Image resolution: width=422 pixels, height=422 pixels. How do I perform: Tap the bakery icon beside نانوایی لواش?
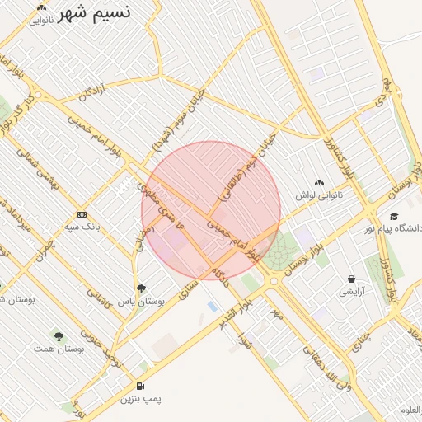(x=320, y=182)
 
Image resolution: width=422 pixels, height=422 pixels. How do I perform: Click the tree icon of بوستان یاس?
(x=141, y=288)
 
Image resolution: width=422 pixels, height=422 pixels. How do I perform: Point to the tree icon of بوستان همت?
(x=59, y=336)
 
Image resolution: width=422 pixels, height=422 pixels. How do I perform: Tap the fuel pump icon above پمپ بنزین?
(x=141, y=386)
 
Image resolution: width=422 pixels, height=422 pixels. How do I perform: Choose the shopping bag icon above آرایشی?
(x=352, y=279)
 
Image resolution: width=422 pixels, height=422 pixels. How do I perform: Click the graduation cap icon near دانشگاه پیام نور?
(x=394, y=216)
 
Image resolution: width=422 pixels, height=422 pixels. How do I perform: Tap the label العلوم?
(x=410, y=410)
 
